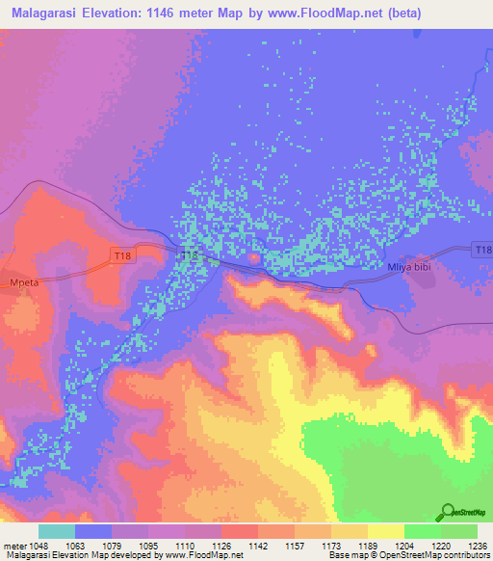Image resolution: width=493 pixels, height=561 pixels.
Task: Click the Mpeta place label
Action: click(18, 273)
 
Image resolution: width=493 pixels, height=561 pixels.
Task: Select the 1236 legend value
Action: click(478, 546)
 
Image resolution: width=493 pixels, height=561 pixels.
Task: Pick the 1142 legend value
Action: click(258, 546)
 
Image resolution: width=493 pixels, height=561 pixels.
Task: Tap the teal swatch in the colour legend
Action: click(57, 531)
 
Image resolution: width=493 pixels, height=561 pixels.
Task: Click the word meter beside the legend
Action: click(15, 546)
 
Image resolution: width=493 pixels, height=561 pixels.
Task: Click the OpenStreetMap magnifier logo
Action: click(447, 512)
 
